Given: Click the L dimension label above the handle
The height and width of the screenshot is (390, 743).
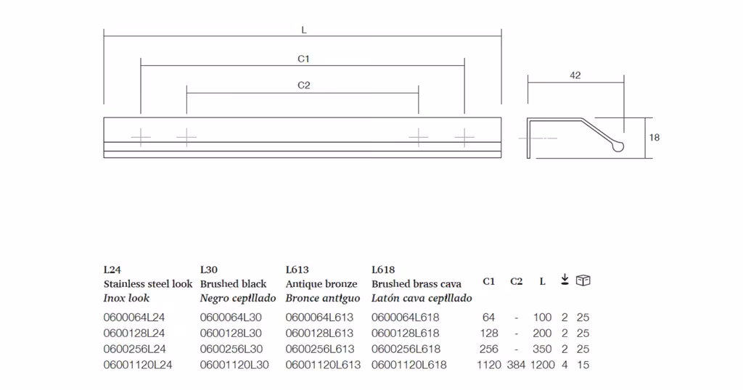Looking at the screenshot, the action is pos(304,30).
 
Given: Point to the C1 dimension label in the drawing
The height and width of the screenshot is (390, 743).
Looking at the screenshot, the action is pos(303,59).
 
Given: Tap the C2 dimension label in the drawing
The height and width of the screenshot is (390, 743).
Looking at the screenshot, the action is pos(304,86).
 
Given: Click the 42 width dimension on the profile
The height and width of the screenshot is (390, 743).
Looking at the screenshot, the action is pos(575,75).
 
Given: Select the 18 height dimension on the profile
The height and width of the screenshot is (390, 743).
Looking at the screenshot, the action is pos(654,137).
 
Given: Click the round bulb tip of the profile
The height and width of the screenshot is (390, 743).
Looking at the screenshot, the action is pos(618,146).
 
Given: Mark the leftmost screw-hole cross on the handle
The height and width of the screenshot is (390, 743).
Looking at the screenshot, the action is pos(141,138).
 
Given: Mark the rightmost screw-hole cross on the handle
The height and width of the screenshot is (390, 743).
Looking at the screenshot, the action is pos(464,138).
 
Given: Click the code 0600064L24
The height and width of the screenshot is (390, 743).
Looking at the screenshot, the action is pos(134,317).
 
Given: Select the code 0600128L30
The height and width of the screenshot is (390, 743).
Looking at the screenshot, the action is pos(231,333).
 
